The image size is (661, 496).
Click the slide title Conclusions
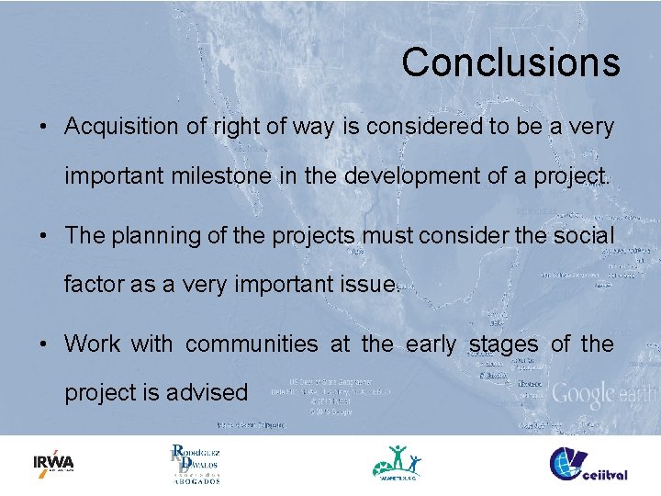click(510, 62)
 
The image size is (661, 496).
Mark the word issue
click(364, 284)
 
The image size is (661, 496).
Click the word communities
click(251, 344)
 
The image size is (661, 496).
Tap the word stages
click(504, 344)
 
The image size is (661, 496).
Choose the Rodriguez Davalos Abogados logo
click(194, 464)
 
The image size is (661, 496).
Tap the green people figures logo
click(398, 462)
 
